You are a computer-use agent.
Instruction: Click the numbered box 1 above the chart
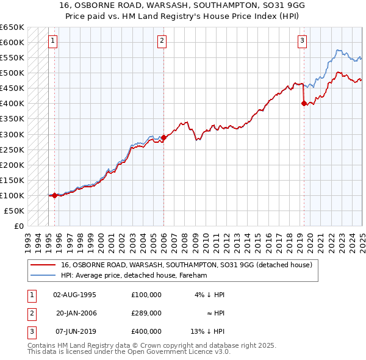(53, 41)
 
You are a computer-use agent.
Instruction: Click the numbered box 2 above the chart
(162, 41)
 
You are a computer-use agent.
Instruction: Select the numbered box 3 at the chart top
(303, 41)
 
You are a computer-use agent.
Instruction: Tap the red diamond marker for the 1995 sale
(55, 195)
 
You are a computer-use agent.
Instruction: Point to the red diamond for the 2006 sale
(163, 138)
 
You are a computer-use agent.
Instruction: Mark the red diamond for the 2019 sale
(304, 104)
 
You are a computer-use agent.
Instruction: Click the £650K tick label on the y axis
(12, 27)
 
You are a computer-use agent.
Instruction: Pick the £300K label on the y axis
(12, 134)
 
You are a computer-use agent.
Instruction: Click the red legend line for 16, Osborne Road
(43, 265)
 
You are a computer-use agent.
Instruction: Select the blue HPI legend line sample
(43, 275)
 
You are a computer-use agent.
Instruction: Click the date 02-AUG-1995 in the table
(75, 294)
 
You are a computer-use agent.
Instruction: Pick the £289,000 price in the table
(146, 312)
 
